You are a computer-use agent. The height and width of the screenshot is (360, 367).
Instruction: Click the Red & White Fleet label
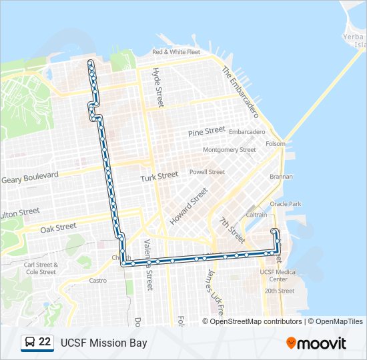click(176, 52)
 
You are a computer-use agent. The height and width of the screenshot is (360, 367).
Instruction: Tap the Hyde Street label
click(158, 87)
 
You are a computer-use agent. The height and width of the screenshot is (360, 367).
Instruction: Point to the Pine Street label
click(207, 131)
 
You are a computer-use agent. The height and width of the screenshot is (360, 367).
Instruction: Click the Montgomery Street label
click(229, 150)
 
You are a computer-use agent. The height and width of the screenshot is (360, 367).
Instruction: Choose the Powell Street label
click(207, 171)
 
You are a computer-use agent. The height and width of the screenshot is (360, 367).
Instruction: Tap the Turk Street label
click(159, 177)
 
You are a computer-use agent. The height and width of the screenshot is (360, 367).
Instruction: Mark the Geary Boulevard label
click(30, 178)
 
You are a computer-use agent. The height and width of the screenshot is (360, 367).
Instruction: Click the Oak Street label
click(57, 227)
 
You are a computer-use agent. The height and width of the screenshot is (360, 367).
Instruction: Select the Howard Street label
click(189, 205)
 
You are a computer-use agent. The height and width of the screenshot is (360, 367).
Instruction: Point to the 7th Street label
click(232, 228)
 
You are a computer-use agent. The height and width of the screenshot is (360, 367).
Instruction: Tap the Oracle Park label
click(285, 204)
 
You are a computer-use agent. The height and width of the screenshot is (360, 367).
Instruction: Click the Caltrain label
click(257, 215)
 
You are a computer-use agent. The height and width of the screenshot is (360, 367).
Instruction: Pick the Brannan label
click(281, 177)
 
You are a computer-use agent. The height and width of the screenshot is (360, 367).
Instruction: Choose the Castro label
click(97, 281)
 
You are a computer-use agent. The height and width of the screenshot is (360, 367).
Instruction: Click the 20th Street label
click(279, 291)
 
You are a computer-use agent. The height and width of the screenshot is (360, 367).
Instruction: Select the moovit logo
click(316, 343)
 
